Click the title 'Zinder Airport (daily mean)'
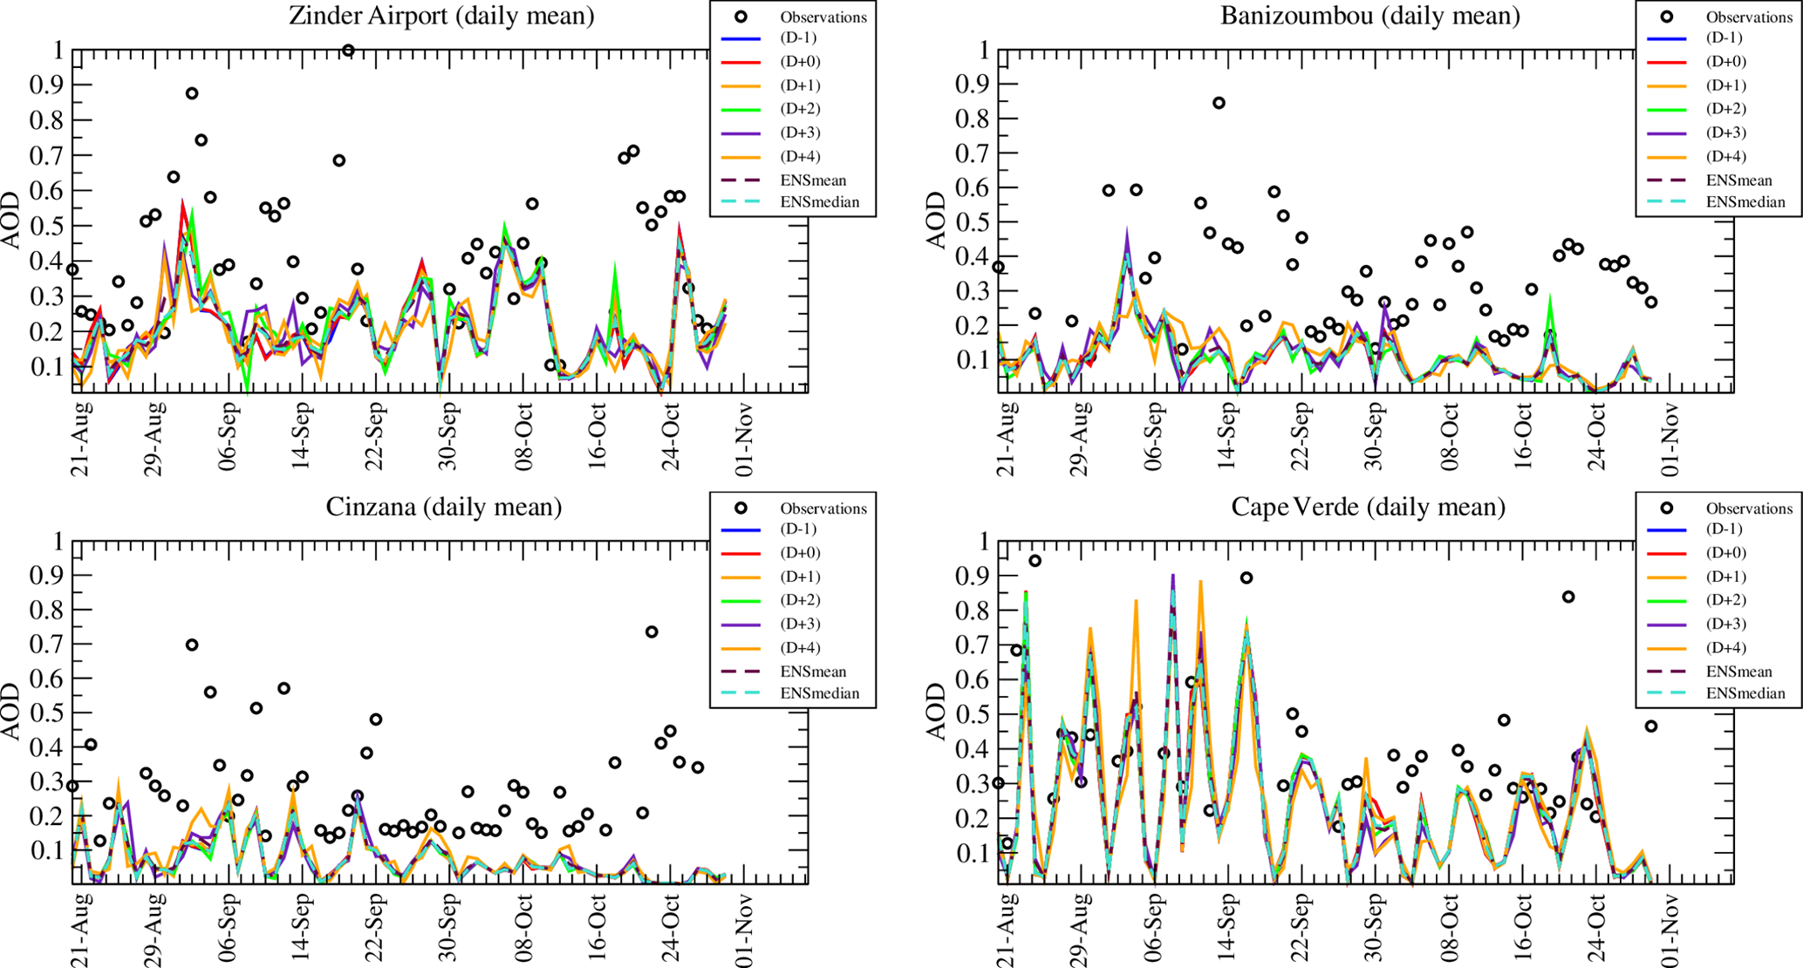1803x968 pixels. click(442, 16)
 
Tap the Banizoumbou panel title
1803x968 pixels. click(1369, 16)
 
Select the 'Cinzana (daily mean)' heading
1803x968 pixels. click(443, 507)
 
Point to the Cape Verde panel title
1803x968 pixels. click(1368, 507)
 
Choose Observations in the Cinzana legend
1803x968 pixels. click(823, 508)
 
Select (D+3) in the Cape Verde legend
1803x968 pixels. click(1724, 624)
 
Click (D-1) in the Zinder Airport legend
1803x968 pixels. click(799, 37)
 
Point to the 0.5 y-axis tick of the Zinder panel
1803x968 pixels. click(47, 226)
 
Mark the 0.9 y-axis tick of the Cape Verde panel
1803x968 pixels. click(973, 576)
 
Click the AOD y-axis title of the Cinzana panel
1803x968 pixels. click(12, 712)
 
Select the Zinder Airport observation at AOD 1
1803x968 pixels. click(348, 51)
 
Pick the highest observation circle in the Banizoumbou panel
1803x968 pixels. click(1219, 103)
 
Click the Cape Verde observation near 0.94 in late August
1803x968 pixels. click(1035, 561)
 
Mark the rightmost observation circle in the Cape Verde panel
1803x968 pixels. click(1650, 726)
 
